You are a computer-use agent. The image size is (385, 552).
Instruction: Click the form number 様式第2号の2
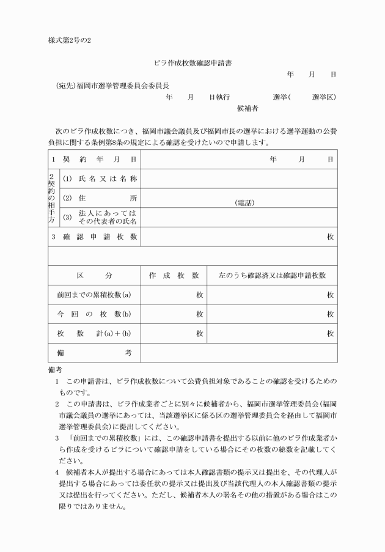(x=70, y=40)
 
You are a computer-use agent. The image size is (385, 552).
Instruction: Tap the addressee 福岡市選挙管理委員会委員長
(x=114, y=86)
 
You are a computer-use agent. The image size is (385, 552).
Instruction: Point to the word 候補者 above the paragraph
(x=248, y=109)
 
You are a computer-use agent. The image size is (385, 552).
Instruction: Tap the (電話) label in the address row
(x=244, y=202)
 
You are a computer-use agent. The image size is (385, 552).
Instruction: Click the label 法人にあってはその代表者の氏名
(x=103, y=217)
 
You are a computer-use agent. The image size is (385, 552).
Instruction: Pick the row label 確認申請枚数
(x=94, y=237)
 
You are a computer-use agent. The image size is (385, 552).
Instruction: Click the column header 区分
(x=94, y=276)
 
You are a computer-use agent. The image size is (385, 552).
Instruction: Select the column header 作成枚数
(x=174, y=276)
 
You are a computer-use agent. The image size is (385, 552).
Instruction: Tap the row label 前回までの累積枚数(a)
(x=94, y=295)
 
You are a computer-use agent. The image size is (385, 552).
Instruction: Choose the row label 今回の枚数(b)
(x=94, y=314)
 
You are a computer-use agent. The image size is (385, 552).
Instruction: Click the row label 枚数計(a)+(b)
(x=94, y=334)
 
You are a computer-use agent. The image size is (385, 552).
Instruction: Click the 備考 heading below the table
(x=55, y=370)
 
